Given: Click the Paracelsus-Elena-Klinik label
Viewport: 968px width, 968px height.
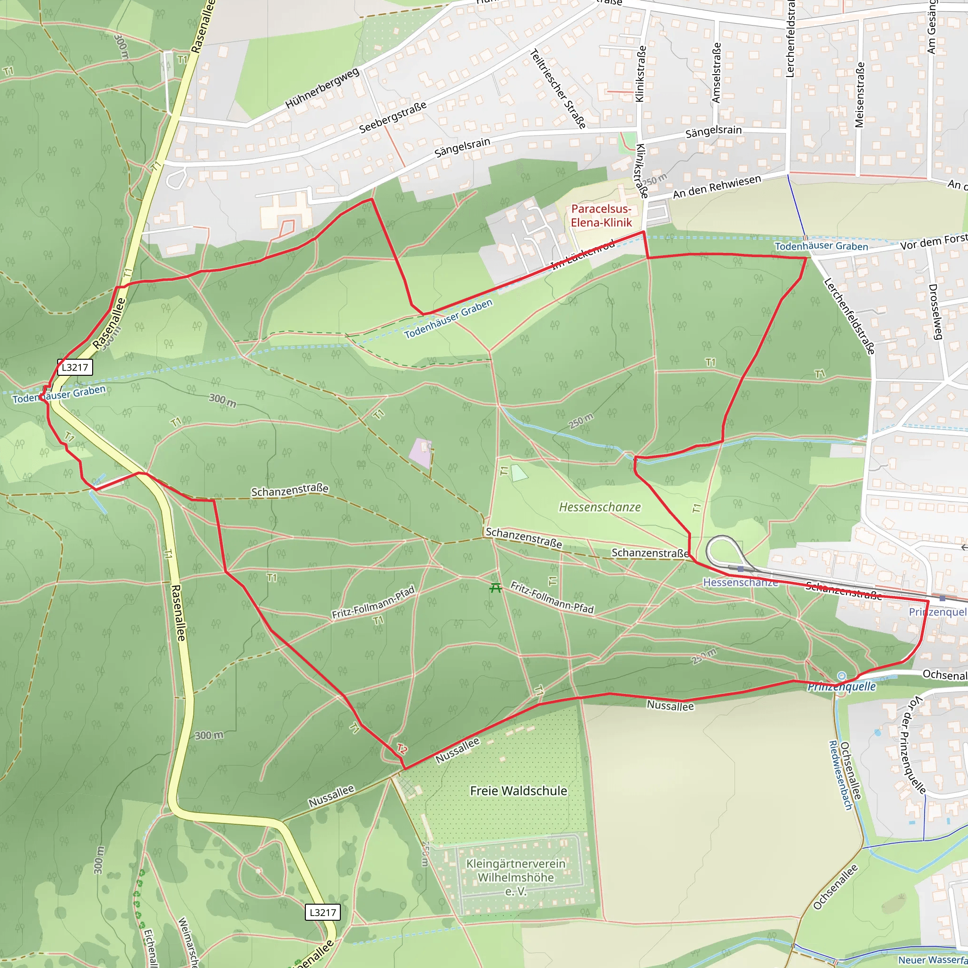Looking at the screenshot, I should click(x=601, y=216).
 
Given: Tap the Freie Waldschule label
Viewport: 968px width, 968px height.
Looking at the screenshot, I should click(x=519, y=791).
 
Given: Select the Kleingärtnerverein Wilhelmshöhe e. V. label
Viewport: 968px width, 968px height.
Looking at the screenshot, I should click(x=516, y=877).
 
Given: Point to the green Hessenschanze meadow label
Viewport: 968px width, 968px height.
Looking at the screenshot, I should click(x=600, y=507).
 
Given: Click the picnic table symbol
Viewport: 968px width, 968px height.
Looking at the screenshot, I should click(x=495, y=588).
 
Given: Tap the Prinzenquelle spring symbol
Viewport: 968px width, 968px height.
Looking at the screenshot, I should click(x=841, y=676).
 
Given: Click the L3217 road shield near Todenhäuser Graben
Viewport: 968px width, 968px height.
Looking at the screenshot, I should click(x=75, y=367).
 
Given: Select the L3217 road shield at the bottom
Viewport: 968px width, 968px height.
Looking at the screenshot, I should click(x=323, y=912).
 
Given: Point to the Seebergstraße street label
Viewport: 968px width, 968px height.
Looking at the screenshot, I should click(x=393, y=117).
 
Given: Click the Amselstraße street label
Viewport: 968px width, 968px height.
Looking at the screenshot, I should click(x=717, y=73).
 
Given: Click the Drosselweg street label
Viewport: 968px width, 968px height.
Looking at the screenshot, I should click(x=935, y=311).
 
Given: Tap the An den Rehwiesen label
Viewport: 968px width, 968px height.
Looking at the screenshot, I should click(x=717, y=186).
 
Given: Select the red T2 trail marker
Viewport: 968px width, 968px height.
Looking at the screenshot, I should click(x=402, y=749).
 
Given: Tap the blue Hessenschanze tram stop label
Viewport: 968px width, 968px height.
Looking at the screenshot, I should click(x=741, y=582).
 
